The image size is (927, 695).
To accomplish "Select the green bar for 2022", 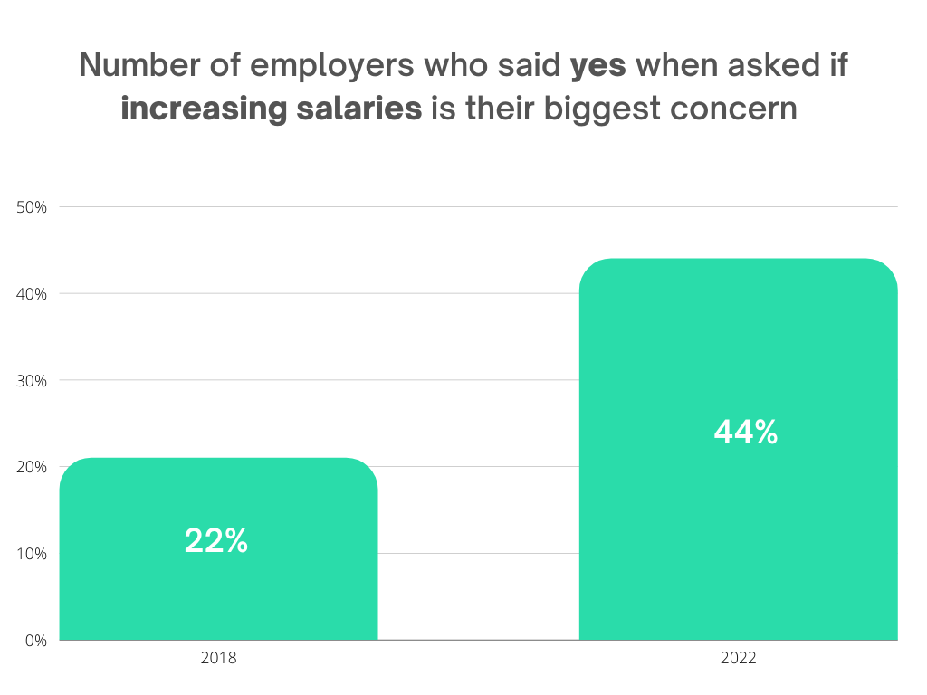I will pyautogui.click(x=738, y=525).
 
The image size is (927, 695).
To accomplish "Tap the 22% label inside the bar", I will pyautogui.click(x=216, y=541).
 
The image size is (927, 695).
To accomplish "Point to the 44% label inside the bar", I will pyautogui.click(x=745, y=433).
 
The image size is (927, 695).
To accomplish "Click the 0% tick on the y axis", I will pyautogui.click(x=34, y=641).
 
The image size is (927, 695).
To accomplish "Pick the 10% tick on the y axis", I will pyautogui.click(x=33, y=554).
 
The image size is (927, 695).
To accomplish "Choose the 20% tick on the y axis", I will pyautogui.click(x=33, y=467).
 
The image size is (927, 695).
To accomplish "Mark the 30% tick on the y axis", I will pyautogui.click(x=33, y=380).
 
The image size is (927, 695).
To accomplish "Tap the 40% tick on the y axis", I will pyautogui.click(x=33, y=294).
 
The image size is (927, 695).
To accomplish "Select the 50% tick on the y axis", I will pyautogui.click(x=33, y=207).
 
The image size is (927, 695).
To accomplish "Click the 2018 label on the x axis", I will pyautogui.click(x=218, y=659).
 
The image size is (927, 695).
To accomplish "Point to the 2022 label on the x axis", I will pyautogui.click(x=738, y=659).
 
